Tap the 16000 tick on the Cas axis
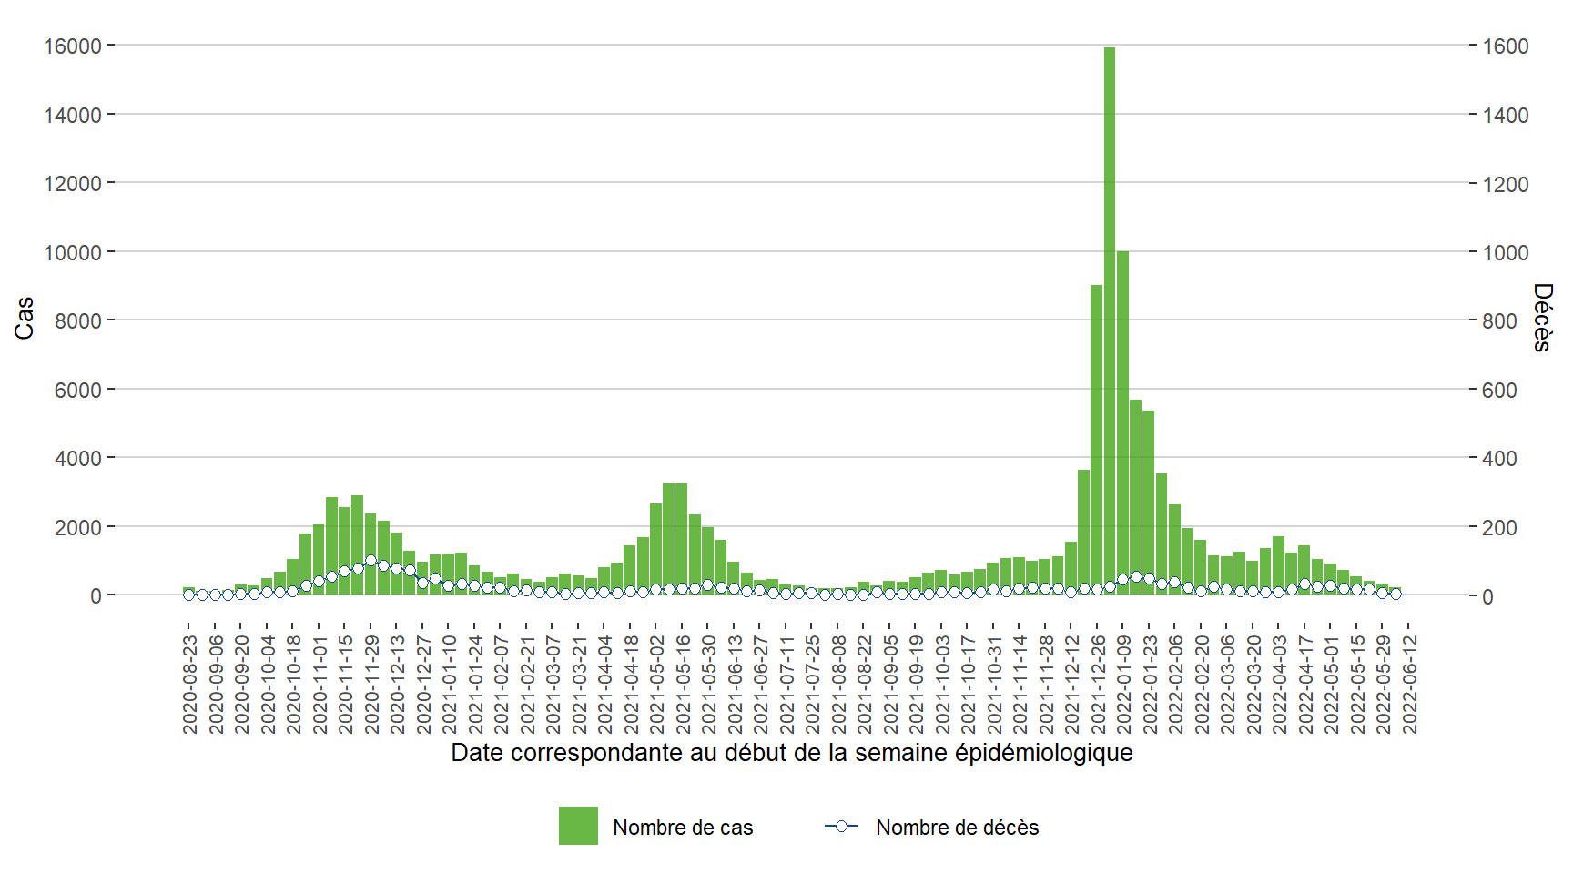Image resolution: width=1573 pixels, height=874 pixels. click(x=73, y=46)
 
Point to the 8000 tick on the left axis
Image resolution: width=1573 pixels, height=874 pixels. click(x=78, y=320)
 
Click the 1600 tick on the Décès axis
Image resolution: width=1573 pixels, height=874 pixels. click(x=1506, y=46)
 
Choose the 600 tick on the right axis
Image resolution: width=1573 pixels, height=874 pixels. click(x=1500, y=390)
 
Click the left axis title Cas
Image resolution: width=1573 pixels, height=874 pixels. click(x=24, y=318)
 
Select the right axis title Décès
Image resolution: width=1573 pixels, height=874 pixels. click(x=1542, y=318)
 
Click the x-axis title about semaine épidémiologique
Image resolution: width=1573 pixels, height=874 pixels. click(x=791, y=753)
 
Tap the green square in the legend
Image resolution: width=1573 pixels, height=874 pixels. click(x=578, y=826)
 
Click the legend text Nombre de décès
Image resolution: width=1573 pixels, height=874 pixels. click(x=957, y=828)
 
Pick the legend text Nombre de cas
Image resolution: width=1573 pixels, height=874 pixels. click(x=683, y=828)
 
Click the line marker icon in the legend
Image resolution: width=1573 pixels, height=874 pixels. click(x=841, y=826)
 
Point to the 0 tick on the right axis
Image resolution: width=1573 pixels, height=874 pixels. click(x=1487, y=596)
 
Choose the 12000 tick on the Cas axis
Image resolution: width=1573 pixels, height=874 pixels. click(x=73, y=183)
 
